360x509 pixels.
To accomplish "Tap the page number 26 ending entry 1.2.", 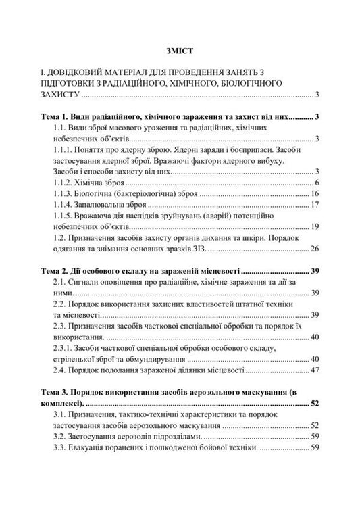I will [315, 249].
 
